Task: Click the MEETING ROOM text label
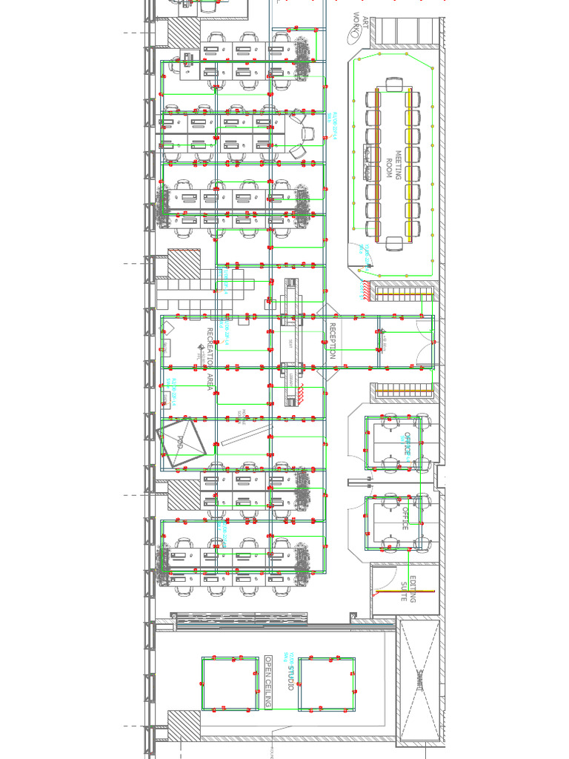[x=393, y=164]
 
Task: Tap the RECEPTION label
[x=333, y=342]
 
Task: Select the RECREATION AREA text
[x=210, y=359]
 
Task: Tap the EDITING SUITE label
[x=408, y=589]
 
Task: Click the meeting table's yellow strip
[x=408, y=164]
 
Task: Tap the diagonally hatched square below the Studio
[x=184, y=723]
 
